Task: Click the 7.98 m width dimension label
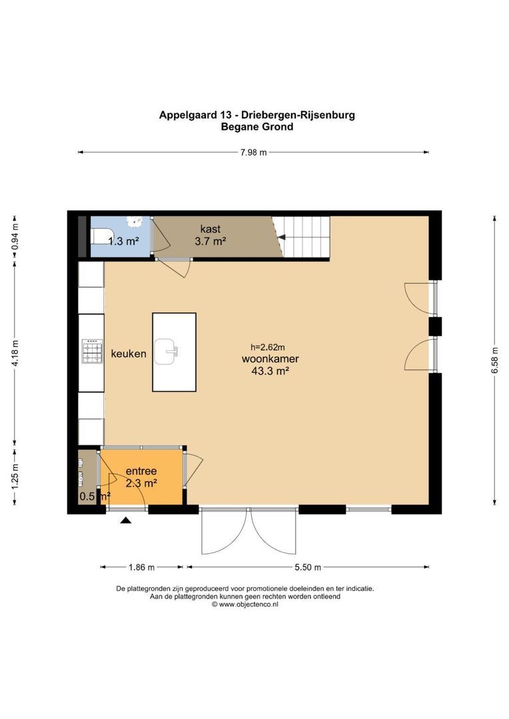coord(253,152)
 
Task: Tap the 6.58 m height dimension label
coord(494,359)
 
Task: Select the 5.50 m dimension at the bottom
coord(307,567)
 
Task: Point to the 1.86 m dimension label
coord(141,567)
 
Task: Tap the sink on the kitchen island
coord(166,351)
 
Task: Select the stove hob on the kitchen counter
coord(91,351)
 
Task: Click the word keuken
coord(129,354)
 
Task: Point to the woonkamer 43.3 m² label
coord(270,364)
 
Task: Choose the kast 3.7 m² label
coord(210,235)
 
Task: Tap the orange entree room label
coord(141,477)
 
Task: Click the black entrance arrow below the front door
coord(125,521)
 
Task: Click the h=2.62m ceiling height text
coord(267,347)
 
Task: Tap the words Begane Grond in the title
coord(256,126)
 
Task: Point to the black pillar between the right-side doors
coord(435,326)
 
